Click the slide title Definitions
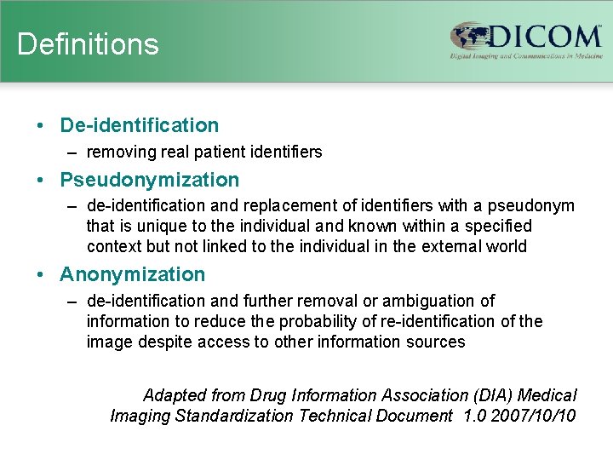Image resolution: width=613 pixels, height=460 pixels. click(88, 44)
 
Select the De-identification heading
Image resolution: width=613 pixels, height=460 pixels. click(139, 125)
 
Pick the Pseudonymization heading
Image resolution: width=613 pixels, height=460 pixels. click(149, 180)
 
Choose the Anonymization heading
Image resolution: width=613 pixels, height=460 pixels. click(132, 274)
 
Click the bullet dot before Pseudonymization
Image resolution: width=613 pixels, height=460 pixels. click(41, 180)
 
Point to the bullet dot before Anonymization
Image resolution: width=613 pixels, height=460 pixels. click(41, 274)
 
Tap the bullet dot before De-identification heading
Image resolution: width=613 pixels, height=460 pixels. click(41, 125)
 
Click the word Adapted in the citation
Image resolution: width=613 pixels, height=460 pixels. click(173, 395)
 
